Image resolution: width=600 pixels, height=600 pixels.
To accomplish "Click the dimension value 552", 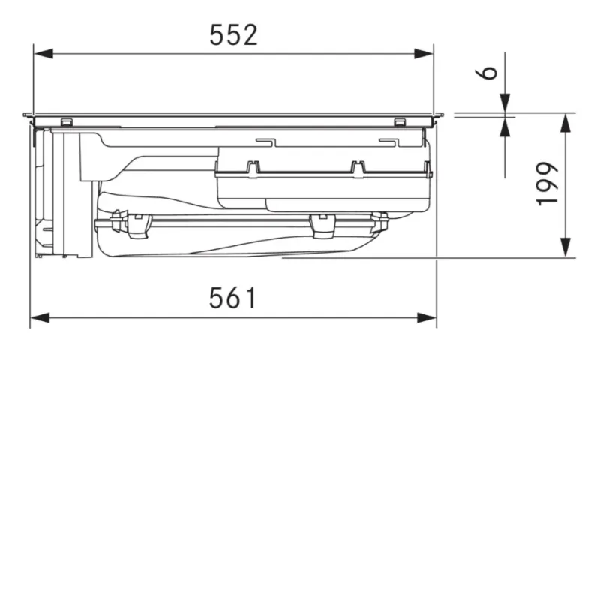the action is pyautogui.click(x=233, y=34).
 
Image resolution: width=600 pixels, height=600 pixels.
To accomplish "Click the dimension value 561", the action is pyautogui.click(x=232, y=298).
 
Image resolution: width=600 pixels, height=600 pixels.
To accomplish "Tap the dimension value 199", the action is pyautogui.click(x=547, y=184).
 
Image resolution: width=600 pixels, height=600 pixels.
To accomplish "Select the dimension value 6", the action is pyautogui.click(x=486, y=73).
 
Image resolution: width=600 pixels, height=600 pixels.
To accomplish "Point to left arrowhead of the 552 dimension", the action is pyautogui.click(x=43, y=53).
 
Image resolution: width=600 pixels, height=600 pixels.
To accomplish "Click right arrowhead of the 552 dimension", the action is pyautogui.click(x=424, y=53).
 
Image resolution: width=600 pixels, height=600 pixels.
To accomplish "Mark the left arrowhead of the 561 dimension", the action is pyautogui.click(x=40, y=317).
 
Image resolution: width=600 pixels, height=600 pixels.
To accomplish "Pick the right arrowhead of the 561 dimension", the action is pyautogui.click(x=427, y=317).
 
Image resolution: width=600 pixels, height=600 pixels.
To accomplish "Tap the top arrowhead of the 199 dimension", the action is pyautogui.click(x=565, y=123).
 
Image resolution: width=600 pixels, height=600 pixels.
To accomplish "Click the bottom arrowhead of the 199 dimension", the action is pyautogui.click(x=565, y=247).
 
